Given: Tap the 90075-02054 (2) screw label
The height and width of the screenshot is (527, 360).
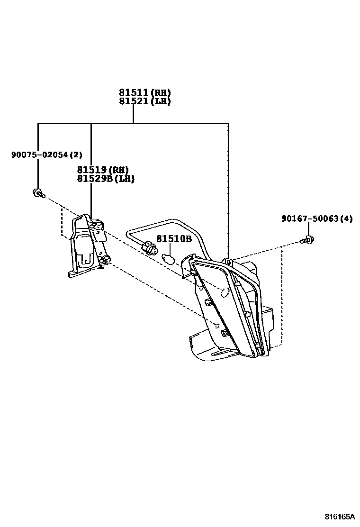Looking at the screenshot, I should [46, 154].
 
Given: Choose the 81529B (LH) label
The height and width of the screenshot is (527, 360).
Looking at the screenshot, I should [105, 179].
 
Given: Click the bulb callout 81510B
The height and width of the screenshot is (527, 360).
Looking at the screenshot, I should [174, 239].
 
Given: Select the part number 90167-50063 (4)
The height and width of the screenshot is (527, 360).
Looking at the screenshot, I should [316, 218].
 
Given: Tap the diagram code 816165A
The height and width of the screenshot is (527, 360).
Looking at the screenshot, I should [339, 516].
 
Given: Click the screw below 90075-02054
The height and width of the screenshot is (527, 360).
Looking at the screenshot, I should [37, 193].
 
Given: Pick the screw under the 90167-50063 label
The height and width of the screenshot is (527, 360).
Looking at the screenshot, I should [308, 240].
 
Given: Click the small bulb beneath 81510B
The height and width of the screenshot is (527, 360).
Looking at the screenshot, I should [168, 258].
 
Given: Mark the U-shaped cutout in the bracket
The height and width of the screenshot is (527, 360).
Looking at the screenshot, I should [85, 258].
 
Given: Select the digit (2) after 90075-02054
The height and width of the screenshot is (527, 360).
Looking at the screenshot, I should [77, 154].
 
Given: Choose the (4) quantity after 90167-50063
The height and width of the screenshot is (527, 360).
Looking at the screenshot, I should [348, 218].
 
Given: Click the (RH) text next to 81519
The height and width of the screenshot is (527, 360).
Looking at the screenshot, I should [119, 170].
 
